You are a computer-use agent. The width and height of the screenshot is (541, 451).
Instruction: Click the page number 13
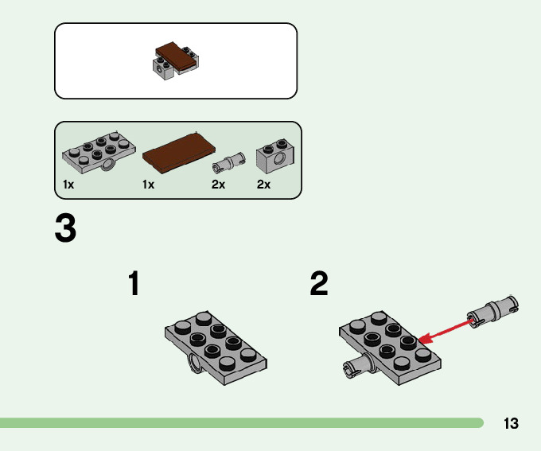511,423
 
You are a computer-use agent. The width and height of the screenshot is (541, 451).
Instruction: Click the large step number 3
66,228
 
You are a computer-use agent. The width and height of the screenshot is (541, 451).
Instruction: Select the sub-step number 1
134,284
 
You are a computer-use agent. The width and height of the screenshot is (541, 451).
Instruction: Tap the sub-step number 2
319,284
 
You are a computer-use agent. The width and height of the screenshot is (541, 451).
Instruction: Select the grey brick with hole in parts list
274,158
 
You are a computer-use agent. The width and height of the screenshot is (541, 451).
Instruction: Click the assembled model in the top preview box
176,61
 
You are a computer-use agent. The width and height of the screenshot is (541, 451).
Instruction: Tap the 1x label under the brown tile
148,185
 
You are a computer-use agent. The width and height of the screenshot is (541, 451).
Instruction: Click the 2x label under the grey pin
218,185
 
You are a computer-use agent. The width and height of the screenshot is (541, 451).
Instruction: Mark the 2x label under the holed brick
264,185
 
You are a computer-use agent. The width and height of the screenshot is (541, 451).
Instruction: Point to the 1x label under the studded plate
68,185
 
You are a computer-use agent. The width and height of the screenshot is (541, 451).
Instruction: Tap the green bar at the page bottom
239,422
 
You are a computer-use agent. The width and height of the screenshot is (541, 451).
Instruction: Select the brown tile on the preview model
176,56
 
